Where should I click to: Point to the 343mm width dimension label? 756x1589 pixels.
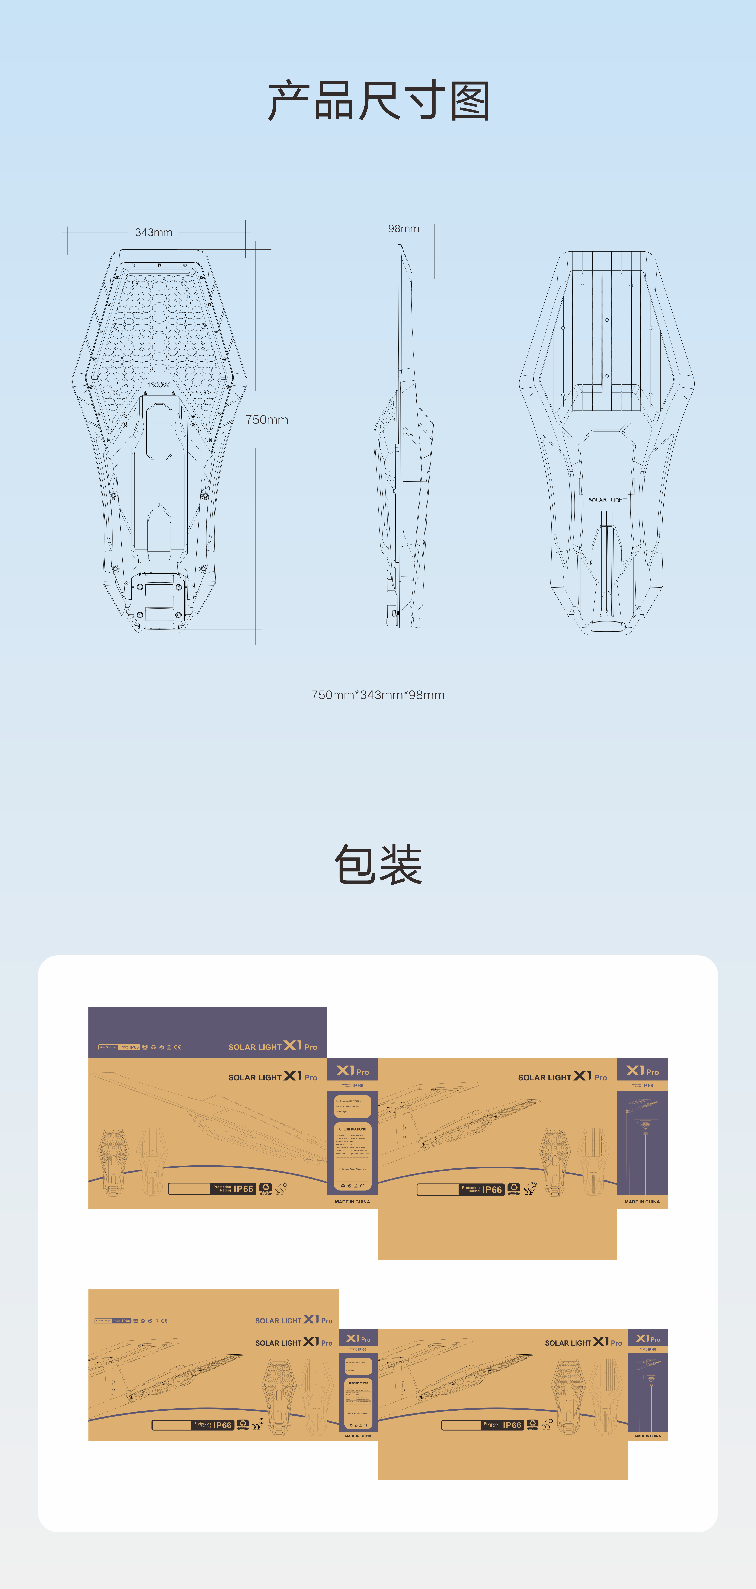(x=154, y=233)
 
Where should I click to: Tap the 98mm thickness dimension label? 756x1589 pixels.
(x=403, y=229)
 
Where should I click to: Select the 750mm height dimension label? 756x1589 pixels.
(x=266, y=419)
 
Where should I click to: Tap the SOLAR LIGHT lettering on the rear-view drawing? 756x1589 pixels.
(x=607, y=500)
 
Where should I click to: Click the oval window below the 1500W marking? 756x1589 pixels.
(x=159, y=432)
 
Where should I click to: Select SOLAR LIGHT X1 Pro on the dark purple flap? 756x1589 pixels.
(x=273, y=1046)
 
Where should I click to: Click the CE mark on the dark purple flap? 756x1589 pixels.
(x=178, y=1047)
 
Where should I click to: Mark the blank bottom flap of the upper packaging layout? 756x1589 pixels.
(x=497, y=1234)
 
